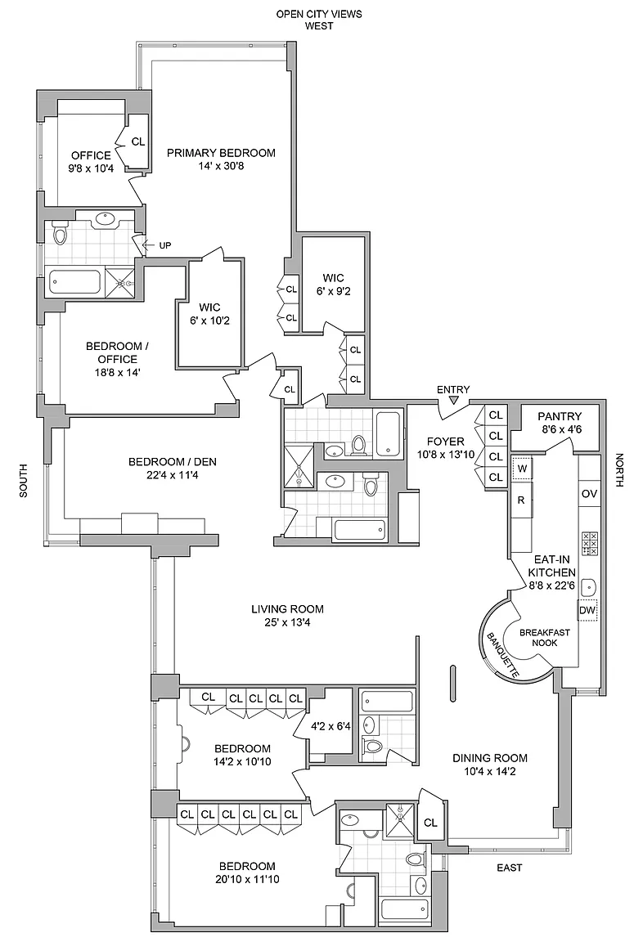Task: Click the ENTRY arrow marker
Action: coord(454,401)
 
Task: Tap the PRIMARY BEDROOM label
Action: coord(221,153)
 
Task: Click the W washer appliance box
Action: coord(521,469)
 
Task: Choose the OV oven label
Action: coord(589,494)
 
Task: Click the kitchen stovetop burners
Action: coord(590,544)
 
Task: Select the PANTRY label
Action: coord(560,416)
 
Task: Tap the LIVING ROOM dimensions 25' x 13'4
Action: coord(287,624)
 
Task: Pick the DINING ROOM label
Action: coord(490,757)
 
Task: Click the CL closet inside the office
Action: coord(138,141)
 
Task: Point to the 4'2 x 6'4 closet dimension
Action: coord(330,724)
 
